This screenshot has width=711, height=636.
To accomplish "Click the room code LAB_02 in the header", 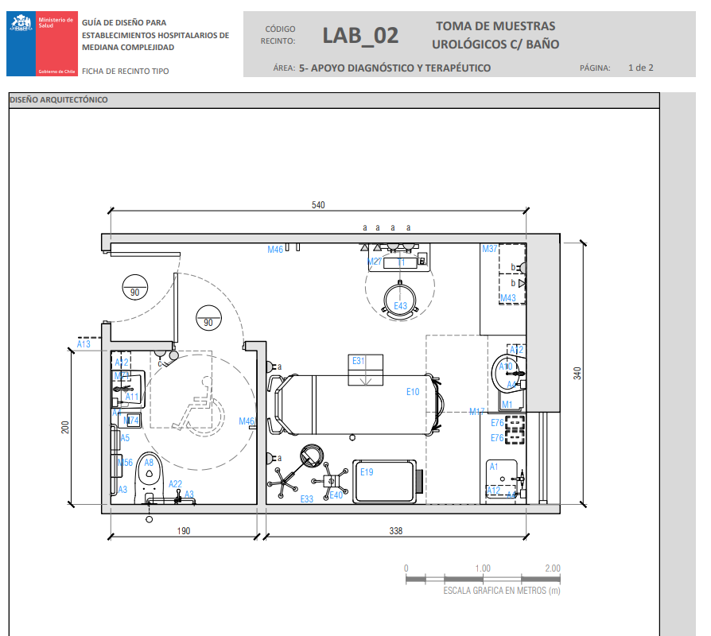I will [360, 36].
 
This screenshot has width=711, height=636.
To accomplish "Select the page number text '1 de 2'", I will [640, 68].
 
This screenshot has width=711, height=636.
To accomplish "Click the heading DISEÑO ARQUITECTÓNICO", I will [58, 100].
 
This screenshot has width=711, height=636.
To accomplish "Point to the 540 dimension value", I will [318, 205].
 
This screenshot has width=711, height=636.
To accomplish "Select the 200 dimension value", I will [66, 427].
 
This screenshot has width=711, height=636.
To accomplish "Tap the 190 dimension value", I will [183, 531].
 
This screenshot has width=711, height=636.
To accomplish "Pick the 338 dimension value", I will [395, 531].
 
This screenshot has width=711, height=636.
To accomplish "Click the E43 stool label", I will [400, 306].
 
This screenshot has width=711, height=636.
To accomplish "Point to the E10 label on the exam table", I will [412, 391].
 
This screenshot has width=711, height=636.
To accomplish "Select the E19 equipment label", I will [367, 471].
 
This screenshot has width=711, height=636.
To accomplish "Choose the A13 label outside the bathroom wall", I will [84, 343].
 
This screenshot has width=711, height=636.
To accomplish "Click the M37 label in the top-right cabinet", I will [490, 249].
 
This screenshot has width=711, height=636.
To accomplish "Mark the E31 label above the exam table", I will [359, 361].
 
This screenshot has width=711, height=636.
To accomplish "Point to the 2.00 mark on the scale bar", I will [551, 568].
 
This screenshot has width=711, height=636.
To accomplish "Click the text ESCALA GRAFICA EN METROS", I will [501, 591].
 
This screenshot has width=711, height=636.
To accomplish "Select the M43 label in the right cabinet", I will [507, 298].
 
